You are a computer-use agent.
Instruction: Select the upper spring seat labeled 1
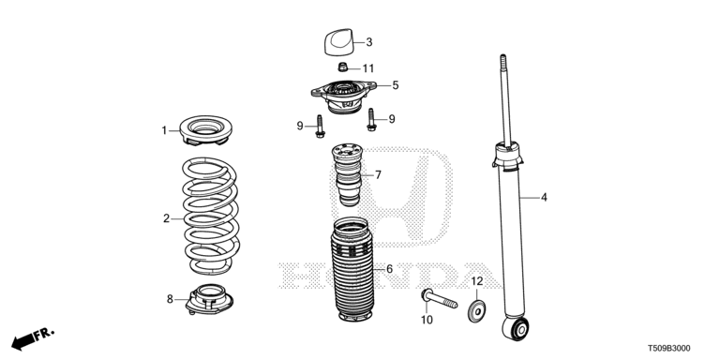click(x=205, y=130)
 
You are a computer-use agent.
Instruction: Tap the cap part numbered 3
click(x=338, y=42)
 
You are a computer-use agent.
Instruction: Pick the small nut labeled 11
click(x=342, y=67)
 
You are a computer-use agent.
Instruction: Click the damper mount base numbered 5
click(x=343, y=96)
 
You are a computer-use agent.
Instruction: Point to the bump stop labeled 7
click(x=348, y=174)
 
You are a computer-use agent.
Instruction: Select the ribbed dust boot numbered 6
click(x=352, y=269)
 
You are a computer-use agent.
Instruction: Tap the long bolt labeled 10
click(x=440, y=298)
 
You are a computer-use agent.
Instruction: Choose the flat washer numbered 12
click(x=477, y=311)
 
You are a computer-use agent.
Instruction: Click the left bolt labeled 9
click(x=320, y=126)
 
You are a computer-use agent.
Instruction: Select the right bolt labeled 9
click(x=371, y=119)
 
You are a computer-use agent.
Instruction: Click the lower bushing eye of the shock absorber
click(x=516, y=328)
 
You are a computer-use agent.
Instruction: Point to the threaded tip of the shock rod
click(x=503, y=61)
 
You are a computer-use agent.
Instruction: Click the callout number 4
click(x=544, y=198)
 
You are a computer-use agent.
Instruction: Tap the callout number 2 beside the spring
click(x=166, y=218)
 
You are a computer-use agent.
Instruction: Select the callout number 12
click(x=477, y=280)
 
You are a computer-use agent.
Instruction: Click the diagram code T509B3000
click(x=668, y=349)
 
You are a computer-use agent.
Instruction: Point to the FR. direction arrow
click(x=32, y=338)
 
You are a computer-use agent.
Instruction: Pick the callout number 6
click(x=389, y=269)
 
